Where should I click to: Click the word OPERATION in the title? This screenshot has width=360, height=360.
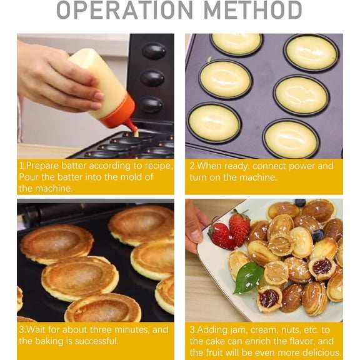(124, 9)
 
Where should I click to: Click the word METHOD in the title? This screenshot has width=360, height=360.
(252, 9)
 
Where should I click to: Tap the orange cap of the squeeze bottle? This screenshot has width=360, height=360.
(119, 113)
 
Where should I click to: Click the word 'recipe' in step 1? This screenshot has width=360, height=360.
(157, 166)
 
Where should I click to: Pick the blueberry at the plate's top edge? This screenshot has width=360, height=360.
(300, 202)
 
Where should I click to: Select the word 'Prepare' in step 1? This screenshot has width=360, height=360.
(42, 166)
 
